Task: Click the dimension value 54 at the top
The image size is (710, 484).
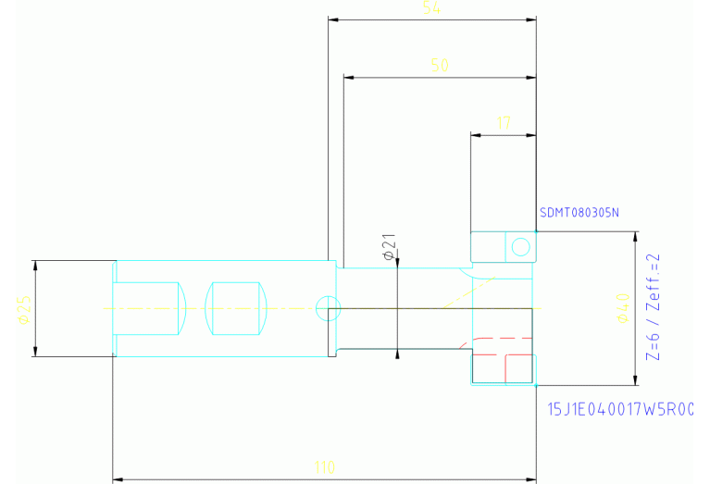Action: tap(430, 8)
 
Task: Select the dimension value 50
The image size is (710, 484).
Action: tap(440, 66)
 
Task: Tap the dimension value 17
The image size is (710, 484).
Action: tap(504, 122)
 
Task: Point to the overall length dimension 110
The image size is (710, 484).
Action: tap(325, 467)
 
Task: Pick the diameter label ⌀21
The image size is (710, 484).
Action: tap(389, 246)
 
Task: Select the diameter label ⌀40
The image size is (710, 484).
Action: tap(621, 308)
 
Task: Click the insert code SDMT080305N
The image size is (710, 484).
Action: tap(579, 213)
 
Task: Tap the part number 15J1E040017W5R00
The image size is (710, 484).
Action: tap(620, 408)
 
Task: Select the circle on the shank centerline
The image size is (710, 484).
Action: tap(324, 307)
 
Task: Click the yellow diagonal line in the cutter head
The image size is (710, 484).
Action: tap(468, 292)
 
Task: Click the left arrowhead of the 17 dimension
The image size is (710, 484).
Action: tap(475, 135)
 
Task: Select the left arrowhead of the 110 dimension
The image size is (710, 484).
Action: tap(117, 480)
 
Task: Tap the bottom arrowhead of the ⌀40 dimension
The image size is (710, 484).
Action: tap(635, 380)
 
